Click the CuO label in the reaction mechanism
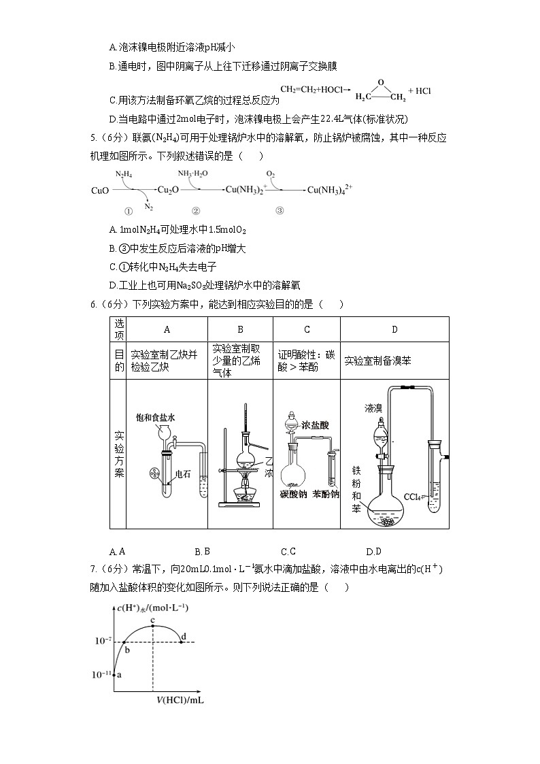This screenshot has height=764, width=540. click(101, 190)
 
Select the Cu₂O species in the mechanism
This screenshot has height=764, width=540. click(168, 190)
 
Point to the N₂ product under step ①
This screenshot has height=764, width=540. click(149, 206)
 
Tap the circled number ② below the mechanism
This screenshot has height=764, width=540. click(196, 211)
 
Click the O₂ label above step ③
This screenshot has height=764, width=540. click(270, 174)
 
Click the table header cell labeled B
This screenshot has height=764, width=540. click(240, 329)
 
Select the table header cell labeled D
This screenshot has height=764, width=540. click(394, 329)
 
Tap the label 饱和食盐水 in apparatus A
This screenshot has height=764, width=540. click(155, 417)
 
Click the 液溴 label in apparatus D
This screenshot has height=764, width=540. click(373, 408)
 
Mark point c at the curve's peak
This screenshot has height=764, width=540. click(153, 625)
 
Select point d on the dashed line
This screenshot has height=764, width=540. click(182, 642)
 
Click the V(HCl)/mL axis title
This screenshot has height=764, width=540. click(180, 699)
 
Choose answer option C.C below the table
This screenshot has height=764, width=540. click(288, 552)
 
